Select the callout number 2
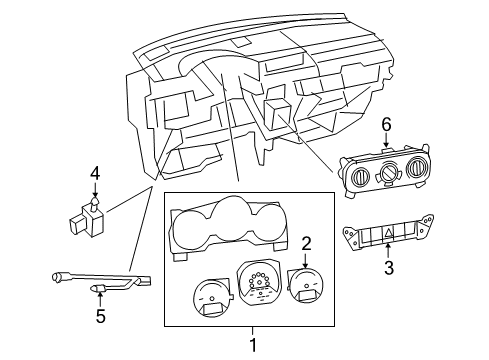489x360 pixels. click(307, 241)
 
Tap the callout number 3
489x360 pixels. click(390, 268)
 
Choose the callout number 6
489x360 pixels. click(385, 125)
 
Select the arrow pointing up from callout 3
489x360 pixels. click(390, 251)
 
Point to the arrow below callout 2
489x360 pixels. click(307, 260)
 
